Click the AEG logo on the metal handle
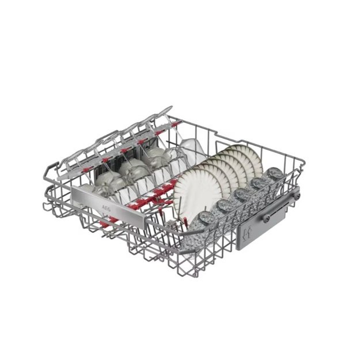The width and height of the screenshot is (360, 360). click(106, 209)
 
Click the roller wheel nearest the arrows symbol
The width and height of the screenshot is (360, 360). click(266, 219)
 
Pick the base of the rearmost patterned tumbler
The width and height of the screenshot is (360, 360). click(275, 173)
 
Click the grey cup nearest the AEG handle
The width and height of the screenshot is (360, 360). click(108, 181)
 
